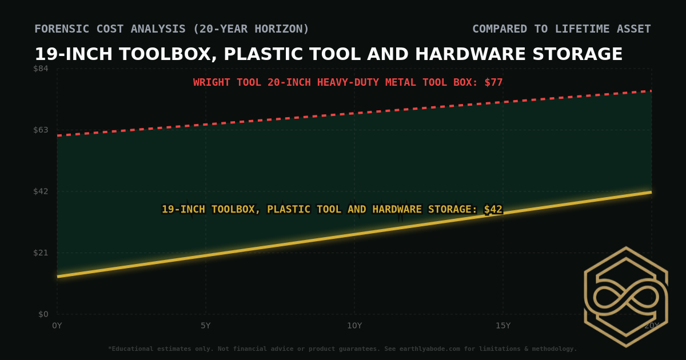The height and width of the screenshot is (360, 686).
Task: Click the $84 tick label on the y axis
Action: [x=41, y=69]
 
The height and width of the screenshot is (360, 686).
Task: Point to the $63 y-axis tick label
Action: [x=41, y=130]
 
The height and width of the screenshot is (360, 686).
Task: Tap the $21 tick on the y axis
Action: [x=41, y=253]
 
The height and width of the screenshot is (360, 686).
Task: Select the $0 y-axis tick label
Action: [x=43, y=314]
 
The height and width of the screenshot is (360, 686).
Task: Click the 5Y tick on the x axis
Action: [x=206, y=326]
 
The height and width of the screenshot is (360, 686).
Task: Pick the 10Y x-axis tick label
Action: [x=354, y=326]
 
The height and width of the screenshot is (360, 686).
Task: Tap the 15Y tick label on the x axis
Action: [x=503, y=326]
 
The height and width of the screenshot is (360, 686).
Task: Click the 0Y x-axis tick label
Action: [x=57, y=326]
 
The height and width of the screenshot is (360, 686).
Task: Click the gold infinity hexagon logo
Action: [x=625, y=297]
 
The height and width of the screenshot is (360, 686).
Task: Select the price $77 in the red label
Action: [x=493, y=82]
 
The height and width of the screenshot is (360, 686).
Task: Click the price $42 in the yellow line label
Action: [x=493, y=209]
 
